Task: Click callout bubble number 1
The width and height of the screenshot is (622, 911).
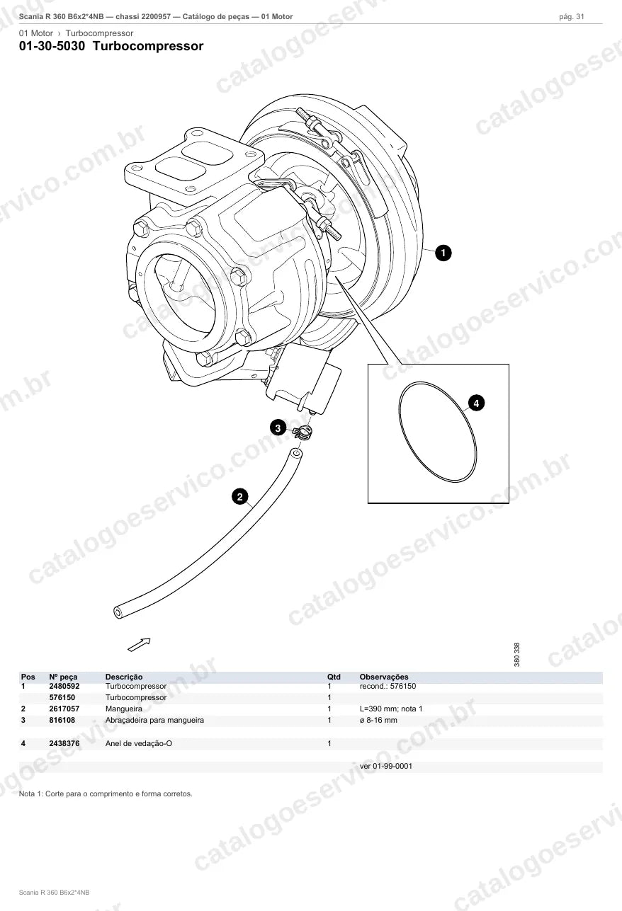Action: point(443,253)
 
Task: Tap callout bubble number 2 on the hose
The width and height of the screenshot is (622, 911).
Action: point(239,497)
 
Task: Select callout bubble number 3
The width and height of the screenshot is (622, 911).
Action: point(278,428)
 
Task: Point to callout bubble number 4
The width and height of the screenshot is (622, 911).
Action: point(476,403)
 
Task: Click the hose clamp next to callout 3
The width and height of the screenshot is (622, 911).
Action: point(303,432)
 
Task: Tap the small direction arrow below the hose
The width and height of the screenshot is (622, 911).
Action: point(140,644)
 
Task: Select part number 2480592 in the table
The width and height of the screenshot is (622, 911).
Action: point(64,686)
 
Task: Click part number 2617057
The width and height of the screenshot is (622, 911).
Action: point(64,709)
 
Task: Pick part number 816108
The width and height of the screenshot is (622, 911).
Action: point(62,720)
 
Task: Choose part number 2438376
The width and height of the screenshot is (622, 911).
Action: point(64,743)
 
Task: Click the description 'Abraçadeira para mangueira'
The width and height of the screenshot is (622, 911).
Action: point(154,721)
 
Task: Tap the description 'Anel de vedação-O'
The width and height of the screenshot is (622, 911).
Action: point(139,744)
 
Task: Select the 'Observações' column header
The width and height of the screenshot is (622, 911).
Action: point(384,677)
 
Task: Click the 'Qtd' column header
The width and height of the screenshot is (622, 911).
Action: point(334,677)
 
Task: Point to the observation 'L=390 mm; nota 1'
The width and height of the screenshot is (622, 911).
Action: point(391,709)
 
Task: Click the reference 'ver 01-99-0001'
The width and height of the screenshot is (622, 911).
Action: point(386,766)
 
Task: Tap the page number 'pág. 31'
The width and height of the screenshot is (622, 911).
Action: point(572,17)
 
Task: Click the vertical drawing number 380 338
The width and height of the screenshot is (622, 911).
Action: point(517,654)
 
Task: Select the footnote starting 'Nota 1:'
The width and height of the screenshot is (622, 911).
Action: point(106,793)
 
